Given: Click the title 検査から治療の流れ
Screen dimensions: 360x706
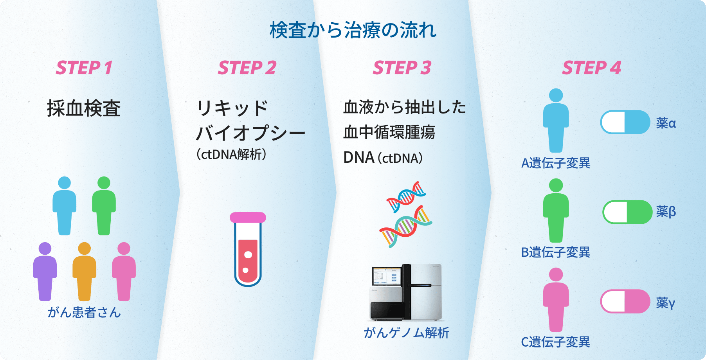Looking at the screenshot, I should (353, 30).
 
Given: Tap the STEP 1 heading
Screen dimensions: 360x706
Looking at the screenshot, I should (84, 68).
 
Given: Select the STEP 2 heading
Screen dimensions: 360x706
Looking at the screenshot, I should (247, 68).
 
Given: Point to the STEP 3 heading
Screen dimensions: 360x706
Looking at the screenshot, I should (402, 68).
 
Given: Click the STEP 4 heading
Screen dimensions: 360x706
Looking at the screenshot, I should (591, 68).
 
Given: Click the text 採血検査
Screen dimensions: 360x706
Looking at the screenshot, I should (84, 108).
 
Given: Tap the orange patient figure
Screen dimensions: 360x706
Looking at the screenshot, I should (84, 272).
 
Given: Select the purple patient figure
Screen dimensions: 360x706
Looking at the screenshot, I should (45, 272).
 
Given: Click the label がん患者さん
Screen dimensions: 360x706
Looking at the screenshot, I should (84, 312).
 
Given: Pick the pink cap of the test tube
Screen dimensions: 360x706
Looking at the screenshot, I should (248, 218).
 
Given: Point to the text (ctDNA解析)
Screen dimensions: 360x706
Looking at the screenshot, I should (231, 155).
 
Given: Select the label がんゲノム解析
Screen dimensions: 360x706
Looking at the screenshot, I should (406, 333).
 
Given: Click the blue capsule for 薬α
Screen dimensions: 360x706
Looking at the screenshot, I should (625, 122).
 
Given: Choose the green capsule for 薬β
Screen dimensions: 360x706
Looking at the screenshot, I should (627, 212).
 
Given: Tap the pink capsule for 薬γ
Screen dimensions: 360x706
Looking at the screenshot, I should (625, 301).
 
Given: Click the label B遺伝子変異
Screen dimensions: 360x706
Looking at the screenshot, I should (555, 252).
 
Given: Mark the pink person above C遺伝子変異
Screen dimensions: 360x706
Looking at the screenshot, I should (556, 299).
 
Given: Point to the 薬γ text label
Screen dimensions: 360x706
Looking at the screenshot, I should (665, 302).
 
